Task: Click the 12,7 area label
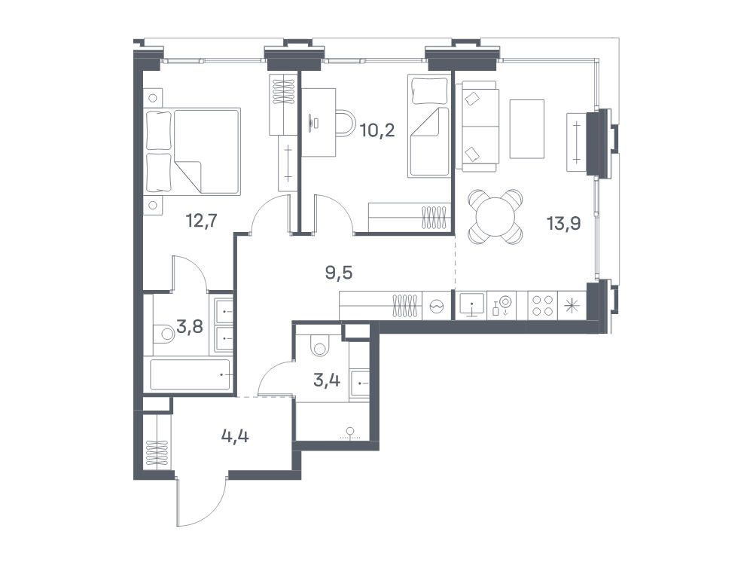[x=202, y=221]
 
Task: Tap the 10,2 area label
[x=377, y=130]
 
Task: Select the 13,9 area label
[x=564, y=223]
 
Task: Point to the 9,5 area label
[x=339, y=273]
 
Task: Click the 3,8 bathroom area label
[x=190, y=327]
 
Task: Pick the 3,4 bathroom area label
[x=327, y=380]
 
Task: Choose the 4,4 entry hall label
[x=235, y=437]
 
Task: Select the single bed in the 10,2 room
[x=428, y=125]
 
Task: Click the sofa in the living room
[x=477, y=126]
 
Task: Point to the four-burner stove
[x=542, y=306]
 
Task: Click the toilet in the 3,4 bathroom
[x=319, y=346]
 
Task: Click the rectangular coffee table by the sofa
[x=527, y=129]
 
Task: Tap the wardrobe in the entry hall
[x=157, y=441]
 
